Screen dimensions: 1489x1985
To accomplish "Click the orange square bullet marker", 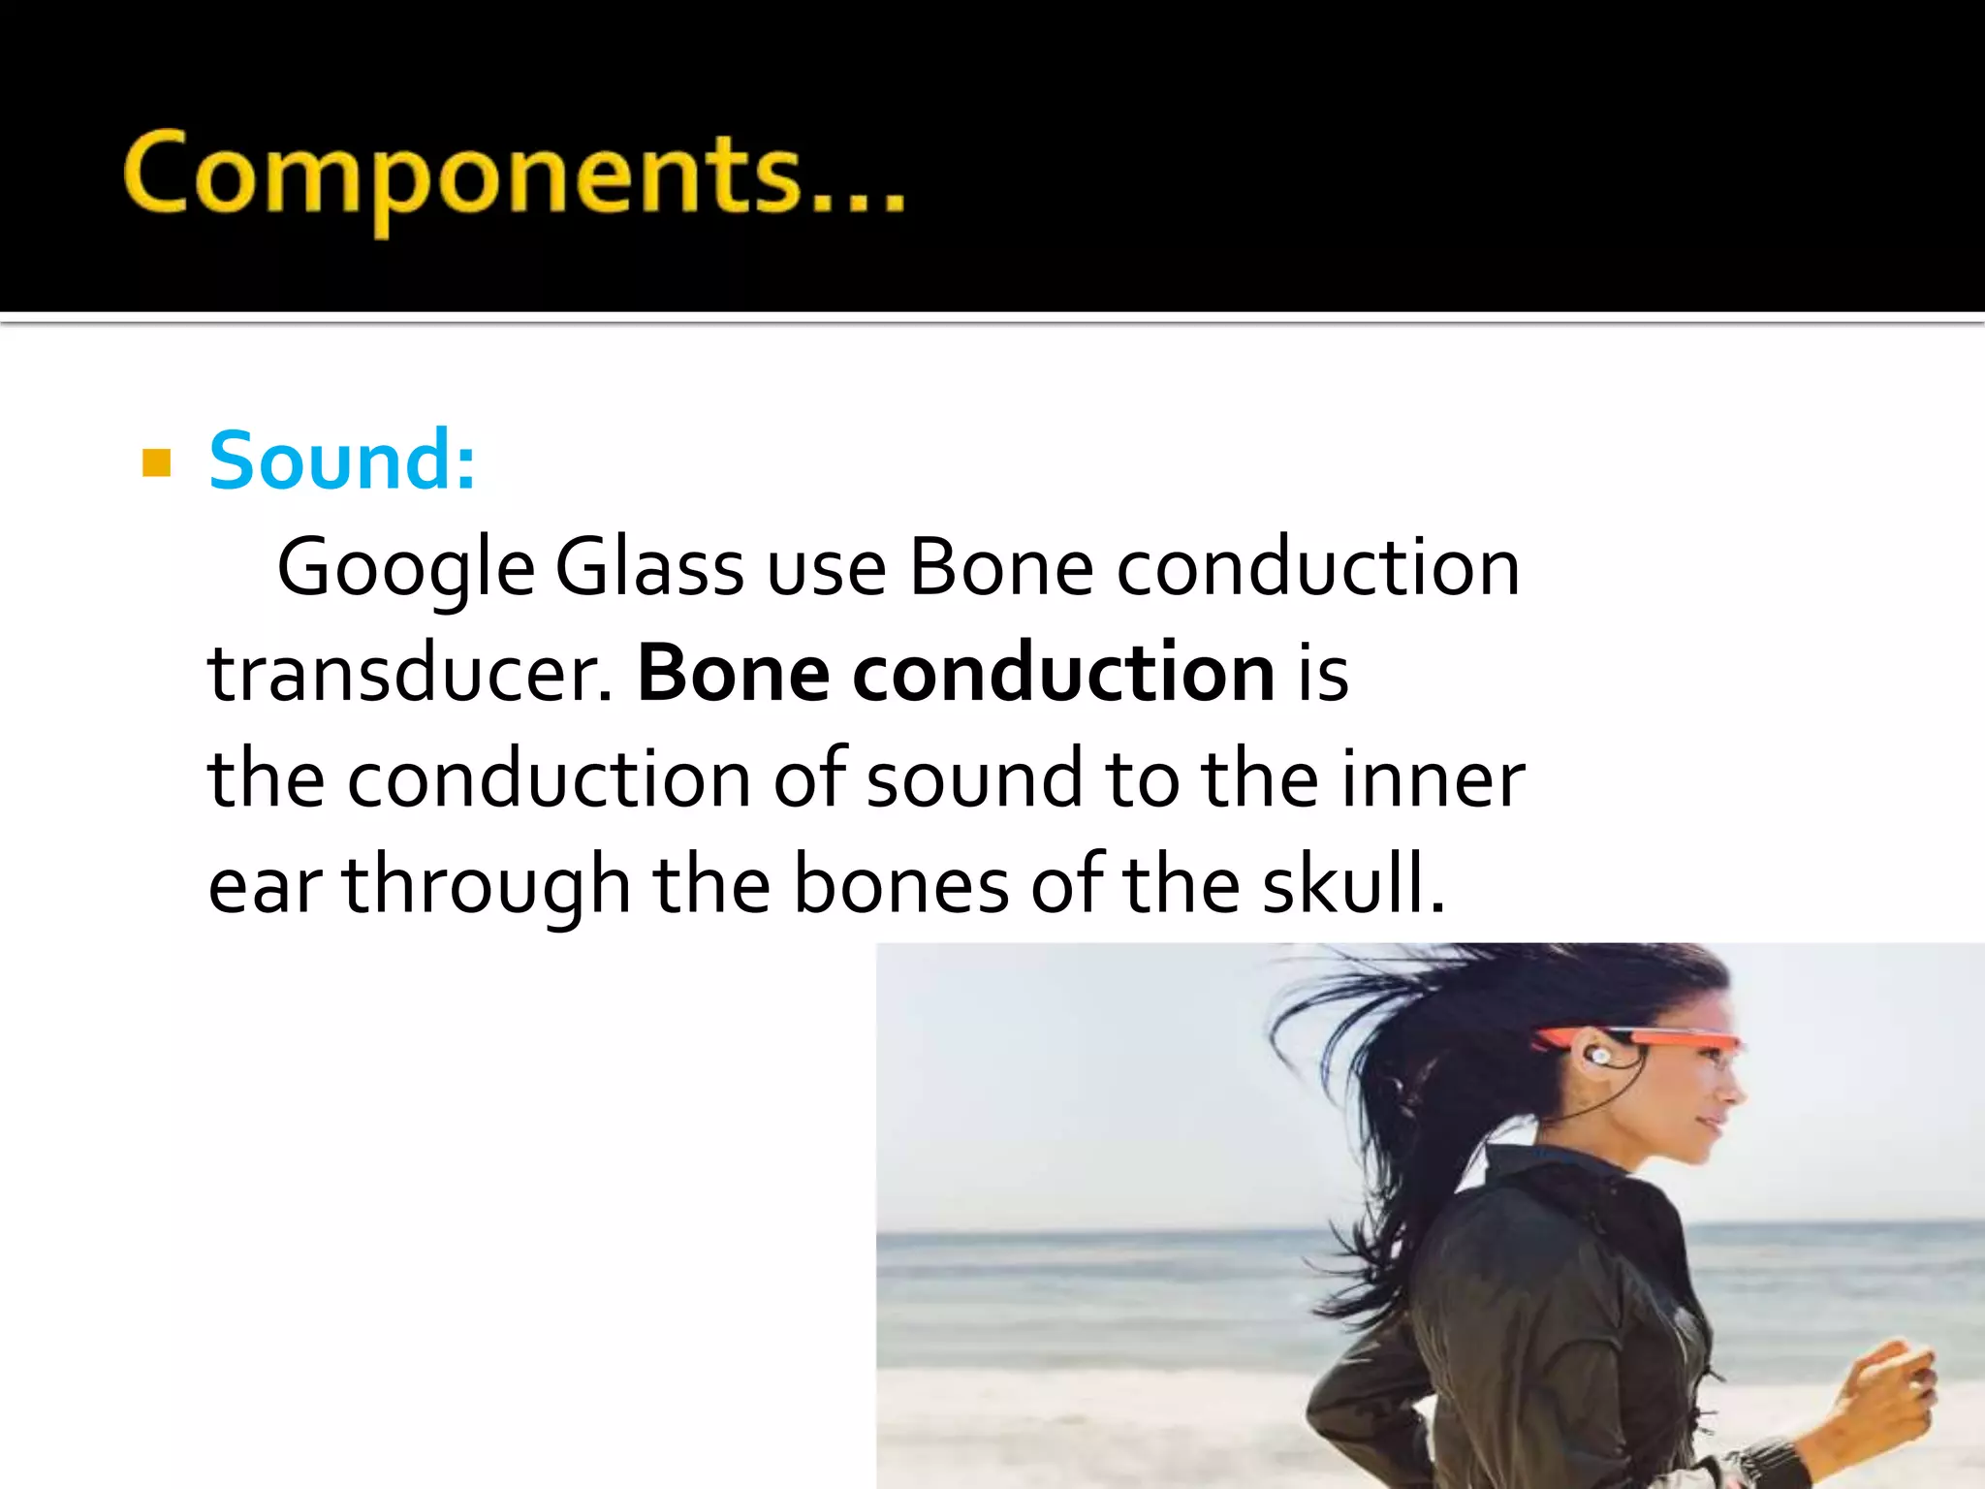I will coord(156,463).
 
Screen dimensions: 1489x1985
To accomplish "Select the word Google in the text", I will coord(405,569).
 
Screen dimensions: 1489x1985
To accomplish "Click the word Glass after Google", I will coord(649,569).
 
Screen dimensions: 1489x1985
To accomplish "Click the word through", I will coord(487,886).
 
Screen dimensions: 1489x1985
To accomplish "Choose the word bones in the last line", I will coord(900,886).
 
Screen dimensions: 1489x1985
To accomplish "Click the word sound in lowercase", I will coord(973,779).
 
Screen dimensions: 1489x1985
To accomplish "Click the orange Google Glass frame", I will coord(1667,1038).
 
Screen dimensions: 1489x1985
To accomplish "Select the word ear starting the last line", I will coord(265,886).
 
